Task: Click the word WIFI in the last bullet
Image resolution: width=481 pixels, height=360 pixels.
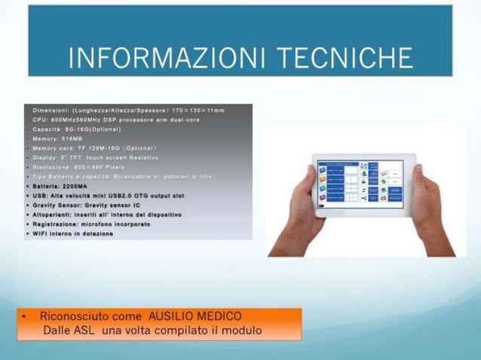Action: tap(42, 233)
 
